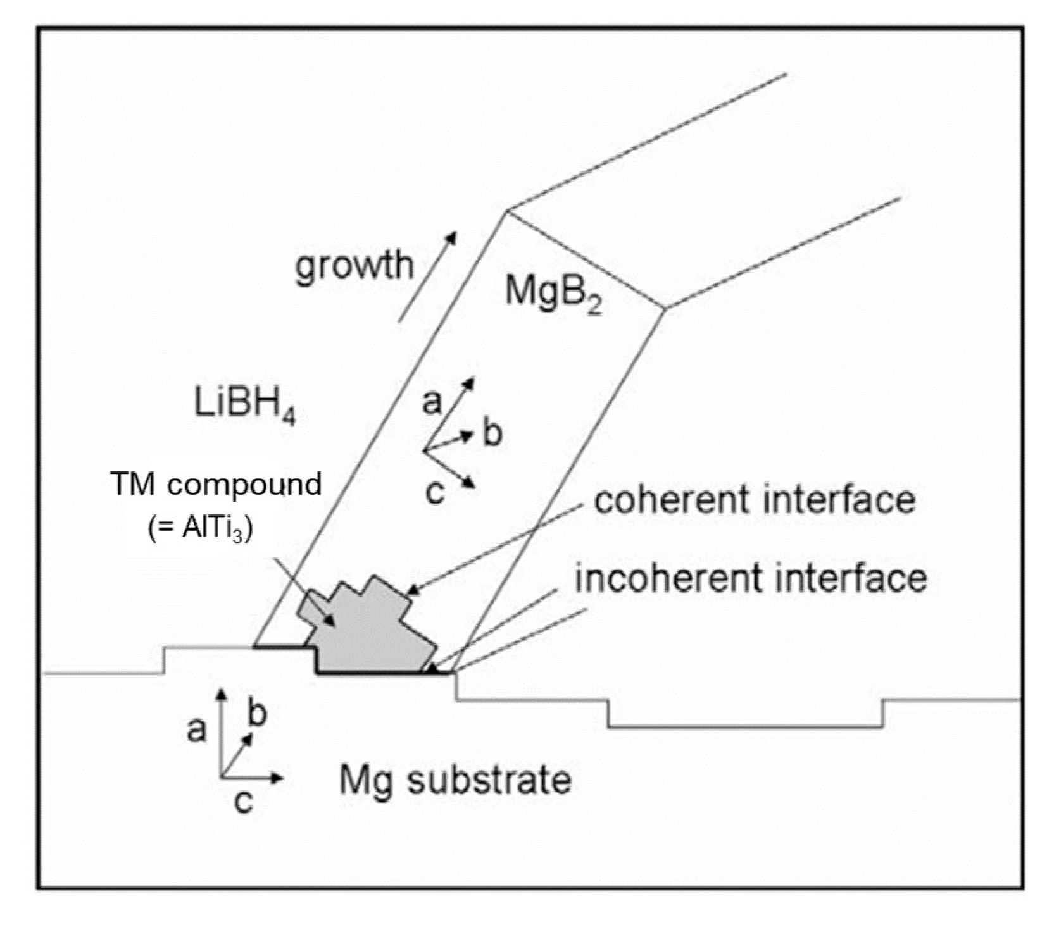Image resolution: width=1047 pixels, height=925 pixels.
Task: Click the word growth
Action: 354,266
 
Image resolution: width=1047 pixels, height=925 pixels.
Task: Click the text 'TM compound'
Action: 216,485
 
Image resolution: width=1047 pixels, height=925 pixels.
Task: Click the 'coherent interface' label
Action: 753,500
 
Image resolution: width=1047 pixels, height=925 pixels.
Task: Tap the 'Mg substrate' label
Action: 455,779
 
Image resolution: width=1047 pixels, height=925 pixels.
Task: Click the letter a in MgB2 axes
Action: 432,400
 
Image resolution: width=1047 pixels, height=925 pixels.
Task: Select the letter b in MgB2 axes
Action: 492,433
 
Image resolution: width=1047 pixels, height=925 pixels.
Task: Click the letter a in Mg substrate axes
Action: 196,729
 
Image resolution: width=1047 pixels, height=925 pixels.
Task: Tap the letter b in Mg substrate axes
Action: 257,714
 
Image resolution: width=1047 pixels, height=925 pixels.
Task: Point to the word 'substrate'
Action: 489,779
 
